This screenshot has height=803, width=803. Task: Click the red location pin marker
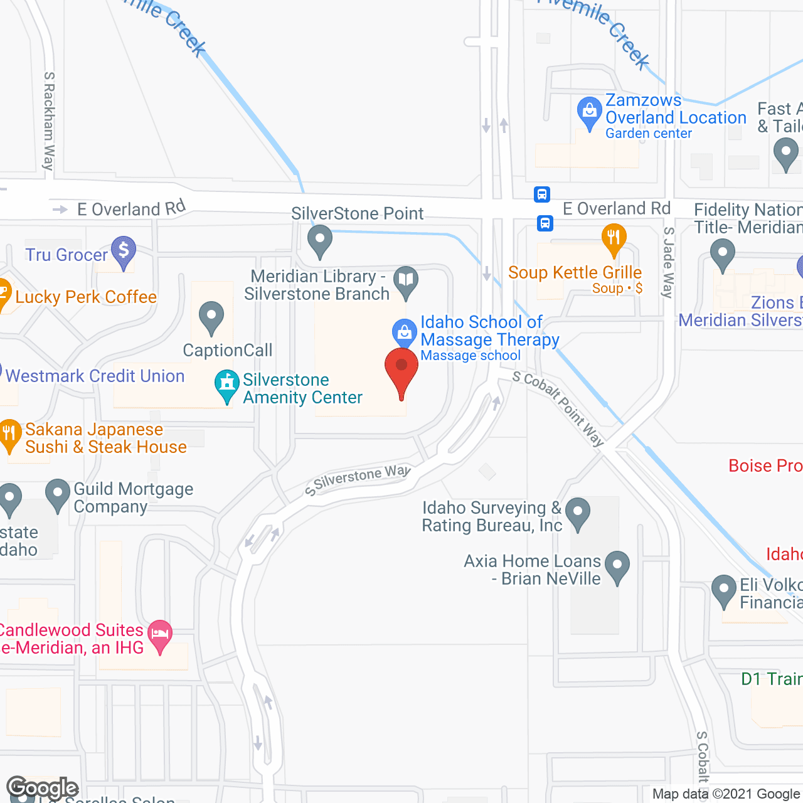coord(401,368)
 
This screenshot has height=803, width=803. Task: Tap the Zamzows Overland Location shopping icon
coord(589,112)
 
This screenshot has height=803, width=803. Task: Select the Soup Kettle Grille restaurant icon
coord(614,239)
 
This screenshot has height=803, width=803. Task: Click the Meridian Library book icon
coord(406,280)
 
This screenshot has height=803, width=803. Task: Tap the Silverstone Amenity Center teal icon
coord(226,384)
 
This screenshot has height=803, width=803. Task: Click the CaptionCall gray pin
coord(211,316)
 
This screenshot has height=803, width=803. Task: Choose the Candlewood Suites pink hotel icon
coord(161,634)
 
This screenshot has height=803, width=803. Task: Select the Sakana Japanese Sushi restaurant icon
coord(9,433)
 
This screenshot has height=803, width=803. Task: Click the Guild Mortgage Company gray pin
coord(58,494)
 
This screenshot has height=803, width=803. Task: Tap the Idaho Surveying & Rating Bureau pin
coord(578,512)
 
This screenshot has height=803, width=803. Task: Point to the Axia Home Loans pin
coord(617,565)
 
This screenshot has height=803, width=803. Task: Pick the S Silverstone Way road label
coord(358,480)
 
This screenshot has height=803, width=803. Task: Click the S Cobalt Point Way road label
coord(558,408)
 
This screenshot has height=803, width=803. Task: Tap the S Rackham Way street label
coord(49,120)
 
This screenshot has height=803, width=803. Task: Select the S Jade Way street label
coord(669,262)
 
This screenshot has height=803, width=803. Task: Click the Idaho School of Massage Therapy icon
coord(405,332)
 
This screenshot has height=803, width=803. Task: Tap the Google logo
coord(42,788)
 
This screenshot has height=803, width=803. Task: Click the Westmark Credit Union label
coord(95,376)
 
